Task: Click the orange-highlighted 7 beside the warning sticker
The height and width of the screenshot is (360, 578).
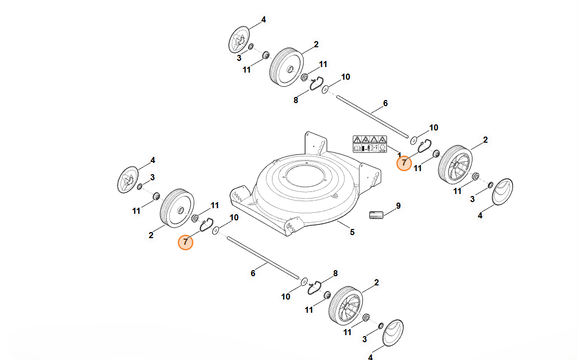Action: point(404,163)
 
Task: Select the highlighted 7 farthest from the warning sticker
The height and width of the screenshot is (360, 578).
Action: point(186,242)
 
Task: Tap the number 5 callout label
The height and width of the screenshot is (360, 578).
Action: point(352,233)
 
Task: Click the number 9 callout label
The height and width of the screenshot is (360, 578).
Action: point(398,206)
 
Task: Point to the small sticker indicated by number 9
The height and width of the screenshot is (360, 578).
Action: point(376,215)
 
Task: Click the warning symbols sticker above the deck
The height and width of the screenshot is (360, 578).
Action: point(370,144)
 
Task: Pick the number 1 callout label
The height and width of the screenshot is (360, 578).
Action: point(399,155)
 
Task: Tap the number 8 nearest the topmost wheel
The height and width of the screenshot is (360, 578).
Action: point(296,100)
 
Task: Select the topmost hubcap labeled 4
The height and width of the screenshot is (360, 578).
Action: point(237,40)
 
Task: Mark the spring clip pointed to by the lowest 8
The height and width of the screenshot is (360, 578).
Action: point(316,286)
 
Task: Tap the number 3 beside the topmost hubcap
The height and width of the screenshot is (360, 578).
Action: point(239,58)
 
